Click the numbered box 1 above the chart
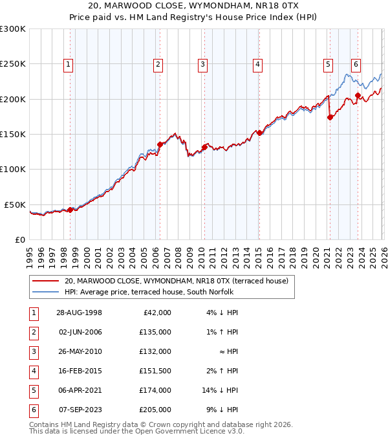pyautogui.click(x=68, y=64)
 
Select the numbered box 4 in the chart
pyautogui.click(x=257, y=64)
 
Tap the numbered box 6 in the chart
pyautogui.click(x=356, y=64)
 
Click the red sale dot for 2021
pyautogui.click(x=330, y=117)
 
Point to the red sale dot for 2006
pyautogui.click(x=160, y=145)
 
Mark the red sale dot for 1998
pyautogui.click(x=70, y=210)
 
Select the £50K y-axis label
pyautogui.click(x=16, y=204)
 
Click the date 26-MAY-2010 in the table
pyautogui.click(x=79, y=351)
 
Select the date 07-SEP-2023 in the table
pyautogui.click(x=79, y=410)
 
